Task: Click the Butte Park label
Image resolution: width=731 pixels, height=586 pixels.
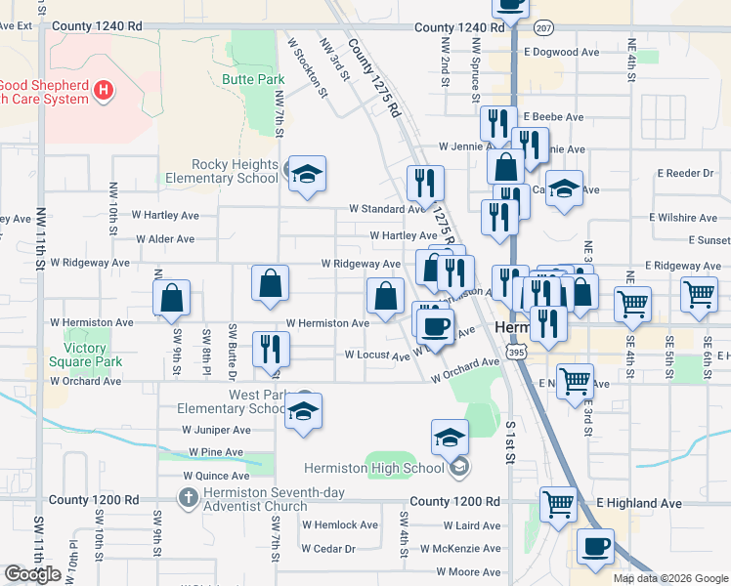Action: pyautogui.click(x=251, y=79)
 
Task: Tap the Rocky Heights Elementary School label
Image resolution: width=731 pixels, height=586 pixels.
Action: pyautogui.click(x=221, y=171)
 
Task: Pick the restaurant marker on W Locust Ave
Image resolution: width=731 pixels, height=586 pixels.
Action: pyautogui.click(x=271, y=350)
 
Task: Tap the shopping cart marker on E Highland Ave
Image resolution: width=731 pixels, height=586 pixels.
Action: pyautogui.click(x=558, y=505)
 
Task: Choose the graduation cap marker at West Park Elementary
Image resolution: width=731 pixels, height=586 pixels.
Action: pyautogui.click(x=304, y=413)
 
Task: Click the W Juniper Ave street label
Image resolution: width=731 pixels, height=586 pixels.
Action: pyautogui.click(x=216, y=429)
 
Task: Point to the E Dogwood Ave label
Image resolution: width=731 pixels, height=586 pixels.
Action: pyautogui.click(x=561, y=52)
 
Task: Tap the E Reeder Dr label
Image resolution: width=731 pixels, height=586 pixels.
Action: pyautogui.click(x=689, y=173)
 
